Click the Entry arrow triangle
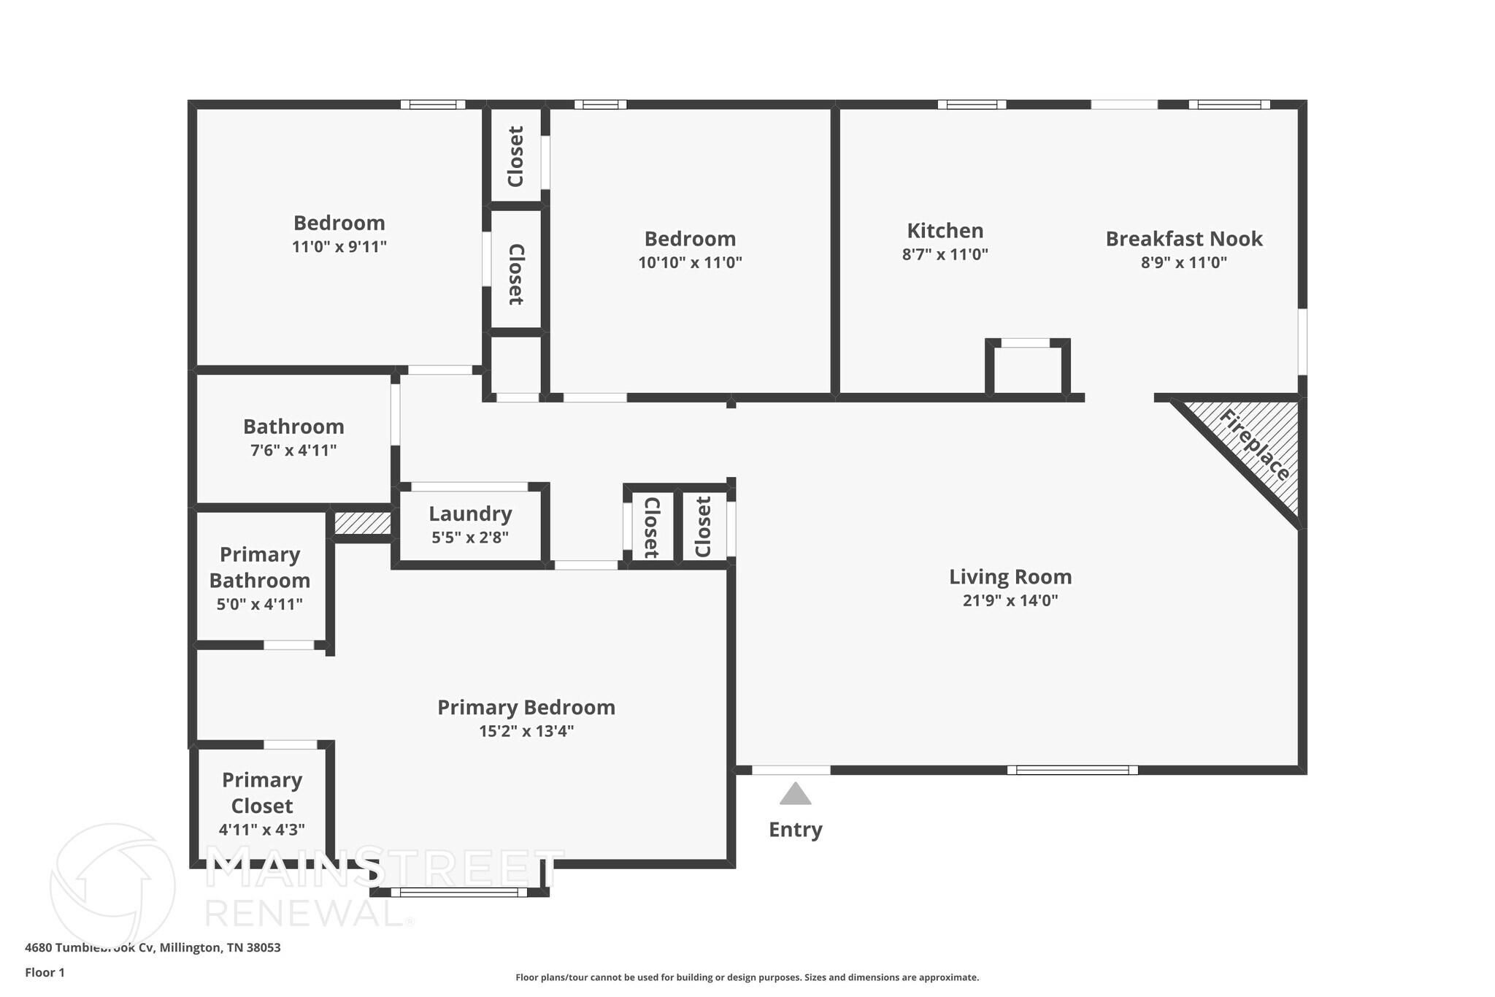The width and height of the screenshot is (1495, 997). coord(795,795)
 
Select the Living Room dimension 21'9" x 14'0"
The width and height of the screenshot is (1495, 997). coord(1010,601)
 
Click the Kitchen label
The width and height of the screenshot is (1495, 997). coord(945,231)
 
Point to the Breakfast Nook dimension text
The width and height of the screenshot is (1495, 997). coord(1183,262)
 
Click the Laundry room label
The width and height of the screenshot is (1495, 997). coord(470,514)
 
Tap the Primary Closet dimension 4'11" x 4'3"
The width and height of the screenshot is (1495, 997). coord(261,830)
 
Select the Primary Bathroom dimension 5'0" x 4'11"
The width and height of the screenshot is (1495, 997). coord(259,605)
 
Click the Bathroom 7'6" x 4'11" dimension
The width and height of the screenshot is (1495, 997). coord(293,451)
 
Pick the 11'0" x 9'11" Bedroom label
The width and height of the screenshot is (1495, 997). coord(339,224)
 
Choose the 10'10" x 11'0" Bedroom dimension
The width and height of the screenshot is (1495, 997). coord(690,263)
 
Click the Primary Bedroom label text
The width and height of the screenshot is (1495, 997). coord(526,708)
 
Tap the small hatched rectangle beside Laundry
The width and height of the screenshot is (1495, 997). coord(363,523)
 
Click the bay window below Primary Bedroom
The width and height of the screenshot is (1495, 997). coord(458,892)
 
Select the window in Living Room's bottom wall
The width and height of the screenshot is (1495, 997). coord(1072,770)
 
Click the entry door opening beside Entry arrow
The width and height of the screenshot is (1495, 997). coord(791,770)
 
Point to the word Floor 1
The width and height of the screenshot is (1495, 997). coord(45,973)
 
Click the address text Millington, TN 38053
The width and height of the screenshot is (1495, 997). coord(220,948)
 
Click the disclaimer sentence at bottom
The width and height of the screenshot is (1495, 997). coord(747,977)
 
